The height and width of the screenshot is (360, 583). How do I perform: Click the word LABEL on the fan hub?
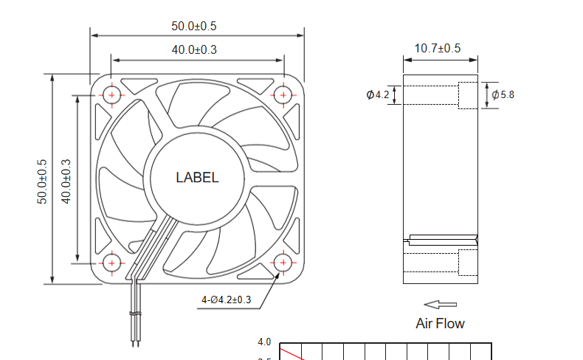(197, 178)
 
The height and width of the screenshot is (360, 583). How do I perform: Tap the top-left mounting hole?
(112, 94)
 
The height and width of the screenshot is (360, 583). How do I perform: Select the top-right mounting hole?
(283, 94)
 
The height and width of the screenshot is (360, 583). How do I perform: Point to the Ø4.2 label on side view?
(377, 95)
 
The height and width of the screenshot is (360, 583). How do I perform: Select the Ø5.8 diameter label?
(502, 94)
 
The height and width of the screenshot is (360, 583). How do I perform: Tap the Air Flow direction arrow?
(441, 304)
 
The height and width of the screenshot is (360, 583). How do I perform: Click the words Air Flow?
(441, 323)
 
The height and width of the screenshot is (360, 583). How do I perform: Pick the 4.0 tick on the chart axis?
(264, 342)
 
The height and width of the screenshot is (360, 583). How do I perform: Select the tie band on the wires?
(134, 315)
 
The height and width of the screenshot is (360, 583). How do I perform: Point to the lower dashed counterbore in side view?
(469, 262)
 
